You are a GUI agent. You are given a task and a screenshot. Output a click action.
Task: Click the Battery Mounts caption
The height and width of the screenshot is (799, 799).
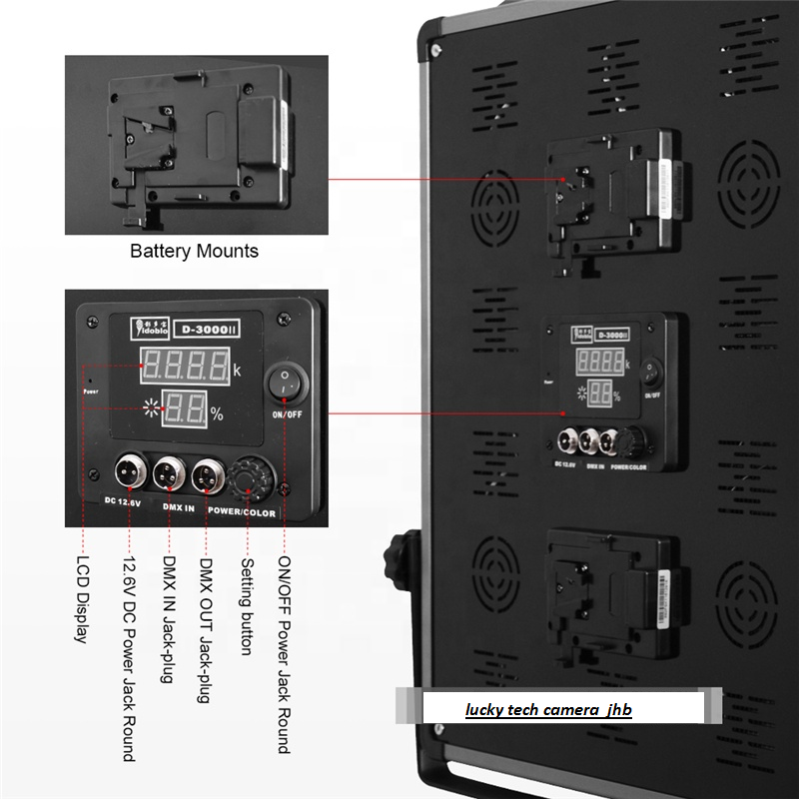pyautogui.click(x=194, y=251)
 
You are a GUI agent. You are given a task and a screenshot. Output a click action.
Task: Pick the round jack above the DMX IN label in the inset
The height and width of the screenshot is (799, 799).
pyautogui.click(x=170, y=473)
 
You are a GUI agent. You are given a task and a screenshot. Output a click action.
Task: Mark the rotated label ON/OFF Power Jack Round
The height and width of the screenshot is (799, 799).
pyautogui.click(x=284, y=653)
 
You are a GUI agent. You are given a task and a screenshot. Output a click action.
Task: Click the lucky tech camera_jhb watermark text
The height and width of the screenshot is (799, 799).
pyautogui.click(x=548, y=710)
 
